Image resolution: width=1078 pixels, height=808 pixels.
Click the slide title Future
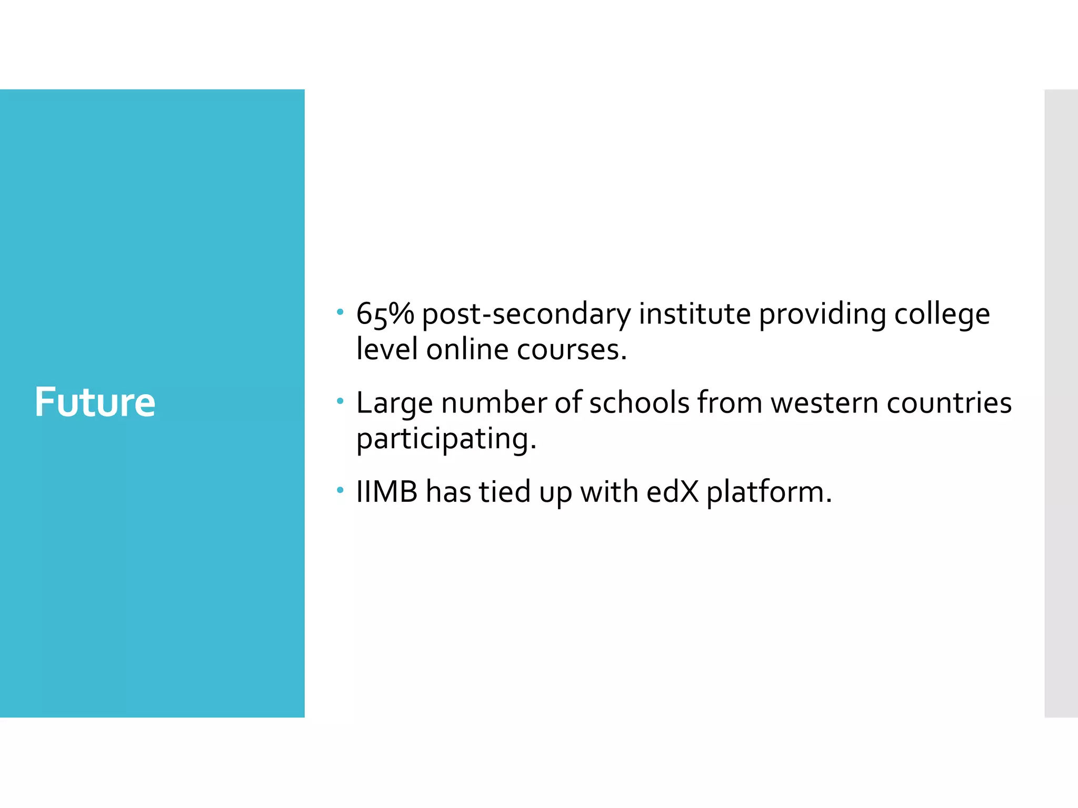95,402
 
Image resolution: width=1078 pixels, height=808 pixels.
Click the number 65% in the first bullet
385,315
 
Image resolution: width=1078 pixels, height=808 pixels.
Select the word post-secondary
526,315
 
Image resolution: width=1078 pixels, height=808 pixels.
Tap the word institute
694,315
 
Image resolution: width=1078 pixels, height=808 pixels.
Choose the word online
467,350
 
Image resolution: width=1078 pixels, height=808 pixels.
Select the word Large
394,404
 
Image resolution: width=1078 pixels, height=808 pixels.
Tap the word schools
639,403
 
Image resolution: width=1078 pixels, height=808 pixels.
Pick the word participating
446,439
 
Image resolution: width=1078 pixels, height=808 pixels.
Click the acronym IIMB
387,492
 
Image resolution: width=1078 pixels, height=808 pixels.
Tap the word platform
768,493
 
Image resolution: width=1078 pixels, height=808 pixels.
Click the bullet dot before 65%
340,313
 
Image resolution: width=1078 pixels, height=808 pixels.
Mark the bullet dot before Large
340,402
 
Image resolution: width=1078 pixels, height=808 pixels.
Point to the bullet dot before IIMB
340,491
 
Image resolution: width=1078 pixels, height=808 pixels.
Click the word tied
504,492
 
